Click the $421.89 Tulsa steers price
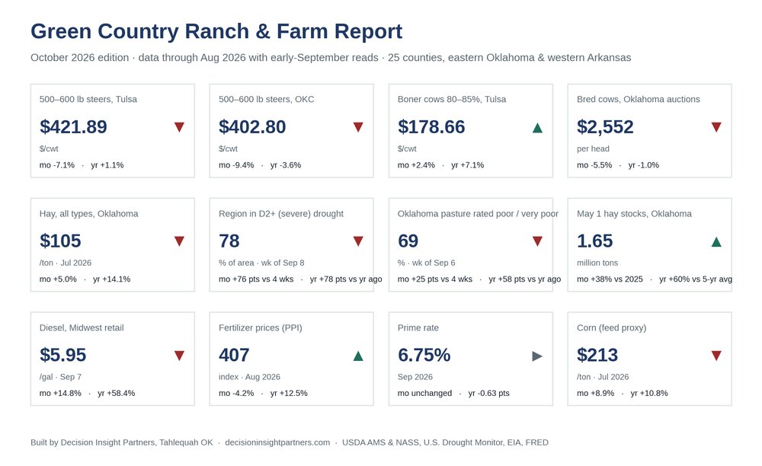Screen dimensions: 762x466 (x=73, y=126)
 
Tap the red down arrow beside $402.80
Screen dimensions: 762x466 (x=358, y=127)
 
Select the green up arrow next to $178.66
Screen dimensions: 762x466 (x=537, y=128)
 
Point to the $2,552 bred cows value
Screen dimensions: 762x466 (x=605, y=126)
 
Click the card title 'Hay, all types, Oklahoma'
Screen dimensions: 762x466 (x=88, y=213)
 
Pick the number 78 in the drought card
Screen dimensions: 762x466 (x=229, y=241)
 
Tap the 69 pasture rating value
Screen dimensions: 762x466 (x=408, y=241)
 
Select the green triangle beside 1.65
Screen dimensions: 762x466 (x=716, y=241)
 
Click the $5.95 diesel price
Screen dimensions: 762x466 (x=62, y=355)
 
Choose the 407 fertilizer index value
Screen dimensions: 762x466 (x=234, y=355)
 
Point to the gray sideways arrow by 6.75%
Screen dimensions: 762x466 (x=537, y=356)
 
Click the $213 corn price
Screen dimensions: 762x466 (x=597, y=355)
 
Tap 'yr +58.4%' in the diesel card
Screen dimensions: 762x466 (x=116, y=393)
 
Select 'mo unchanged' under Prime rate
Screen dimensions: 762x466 (x=424, y=393)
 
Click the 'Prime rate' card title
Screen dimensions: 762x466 (x=418, y=327)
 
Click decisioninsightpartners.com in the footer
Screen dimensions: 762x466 (x=277, y=442)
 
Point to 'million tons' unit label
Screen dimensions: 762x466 (x=597, y=263)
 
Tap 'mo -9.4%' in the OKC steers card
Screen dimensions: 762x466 (x=236, y=165)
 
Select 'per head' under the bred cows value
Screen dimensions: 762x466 (x=593, y=148)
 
